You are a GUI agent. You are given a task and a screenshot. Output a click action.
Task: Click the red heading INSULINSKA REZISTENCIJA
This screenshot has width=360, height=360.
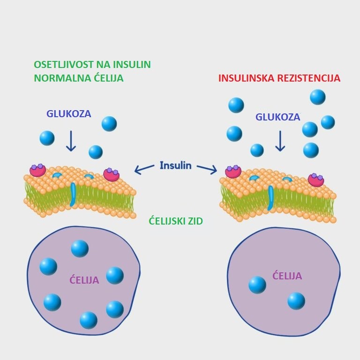coord(279,78)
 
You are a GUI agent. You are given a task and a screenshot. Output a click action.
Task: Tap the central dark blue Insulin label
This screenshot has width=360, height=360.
coord(176,165)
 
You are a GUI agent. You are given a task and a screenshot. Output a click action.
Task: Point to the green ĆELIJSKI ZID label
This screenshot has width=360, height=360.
coord(176,221)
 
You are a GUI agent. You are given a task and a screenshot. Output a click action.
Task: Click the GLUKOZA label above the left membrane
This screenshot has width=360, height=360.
coord(68,114)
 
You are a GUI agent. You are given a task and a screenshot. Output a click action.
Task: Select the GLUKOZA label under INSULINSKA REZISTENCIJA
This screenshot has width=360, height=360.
coord(277,117)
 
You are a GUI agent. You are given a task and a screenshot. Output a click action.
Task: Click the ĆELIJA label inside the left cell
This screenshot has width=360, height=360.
coord(84,280)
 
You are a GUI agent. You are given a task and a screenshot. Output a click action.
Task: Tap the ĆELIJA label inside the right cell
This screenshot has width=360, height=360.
coord(287,276)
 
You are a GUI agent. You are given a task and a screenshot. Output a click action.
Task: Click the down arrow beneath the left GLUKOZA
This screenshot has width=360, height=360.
coord(71,141)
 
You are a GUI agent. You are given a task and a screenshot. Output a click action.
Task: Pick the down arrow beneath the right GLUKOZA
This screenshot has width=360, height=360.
coord(280,141)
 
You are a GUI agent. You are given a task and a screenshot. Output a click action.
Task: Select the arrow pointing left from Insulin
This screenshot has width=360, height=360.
coord(144,168)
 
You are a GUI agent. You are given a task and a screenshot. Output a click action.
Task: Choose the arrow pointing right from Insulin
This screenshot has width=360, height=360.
coord(207,168)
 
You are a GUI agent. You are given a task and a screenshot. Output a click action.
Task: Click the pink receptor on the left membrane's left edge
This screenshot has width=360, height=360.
coord(37,170)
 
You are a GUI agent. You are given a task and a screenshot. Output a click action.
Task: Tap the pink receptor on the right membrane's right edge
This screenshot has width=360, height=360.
coord(316,180)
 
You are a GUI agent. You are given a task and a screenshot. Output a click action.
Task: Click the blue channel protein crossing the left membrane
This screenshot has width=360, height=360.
coord(73,194)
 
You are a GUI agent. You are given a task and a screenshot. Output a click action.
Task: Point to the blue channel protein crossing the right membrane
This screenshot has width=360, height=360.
coord(271,197)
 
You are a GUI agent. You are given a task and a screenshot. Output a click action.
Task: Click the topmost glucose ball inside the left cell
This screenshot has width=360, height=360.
coord(80,248)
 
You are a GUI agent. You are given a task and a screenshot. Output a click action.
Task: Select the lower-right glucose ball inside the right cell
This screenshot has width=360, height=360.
coord(296,301)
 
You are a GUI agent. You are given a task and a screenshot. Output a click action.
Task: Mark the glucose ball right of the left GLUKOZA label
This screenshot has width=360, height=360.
coord(109,124)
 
